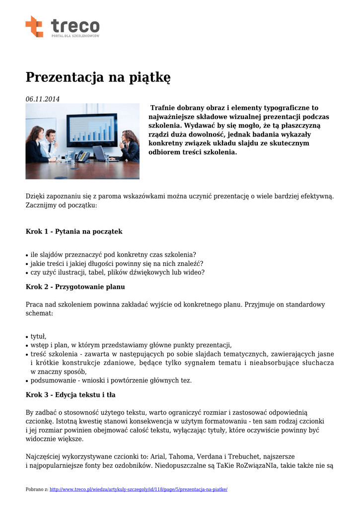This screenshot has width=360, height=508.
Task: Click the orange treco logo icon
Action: click(34, 26)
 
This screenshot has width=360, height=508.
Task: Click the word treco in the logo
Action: click(75, 26)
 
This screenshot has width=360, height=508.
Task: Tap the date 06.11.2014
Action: click(43, 99)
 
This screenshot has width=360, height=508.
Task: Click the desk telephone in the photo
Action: click(83, 156)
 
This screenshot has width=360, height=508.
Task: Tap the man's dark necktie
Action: click(49, 147)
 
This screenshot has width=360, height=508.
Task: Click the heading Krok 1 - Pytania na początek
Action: click(74, 232)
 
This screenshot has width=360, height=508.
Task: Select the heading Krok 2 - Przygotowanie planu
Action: click(75, 287)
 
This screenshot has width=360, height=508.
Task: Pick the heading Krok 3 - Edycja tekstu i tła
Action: click(71, 395)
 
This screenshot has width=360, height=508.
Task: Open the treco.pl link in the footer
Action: click(139, 489)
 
